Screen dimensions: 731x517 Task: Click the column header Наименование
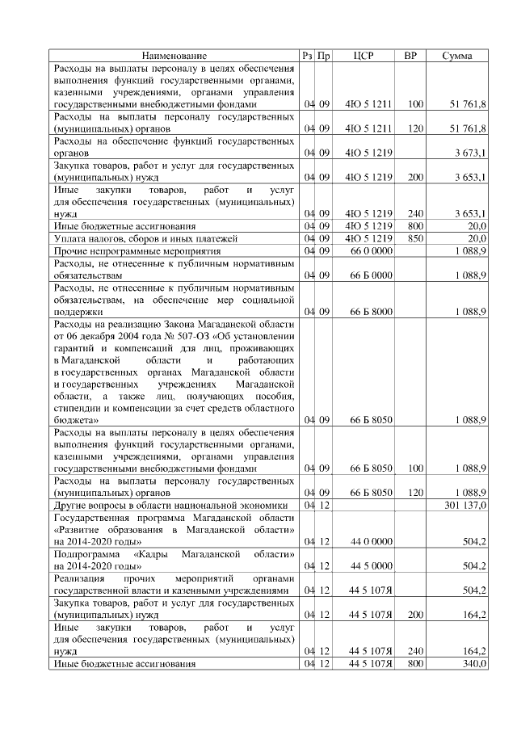coord(174,56)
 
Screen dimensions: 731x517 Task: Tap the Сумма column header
coord(457,56)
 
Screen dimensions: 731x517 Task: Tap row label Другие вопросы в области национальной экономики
coord(170,506)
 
